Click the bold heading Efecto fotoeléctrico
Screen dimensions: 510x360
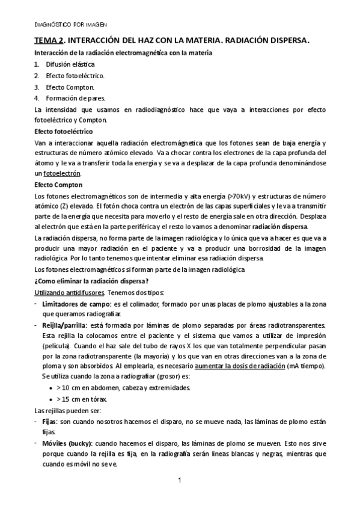tap(63, 131)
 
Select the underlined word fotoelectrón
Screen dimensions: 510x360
tap(63, 173)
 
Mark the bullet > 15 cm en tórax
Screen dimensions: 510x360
tap(89, 399)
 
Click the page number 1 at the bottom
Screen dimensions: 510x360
tap(180, 481)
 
